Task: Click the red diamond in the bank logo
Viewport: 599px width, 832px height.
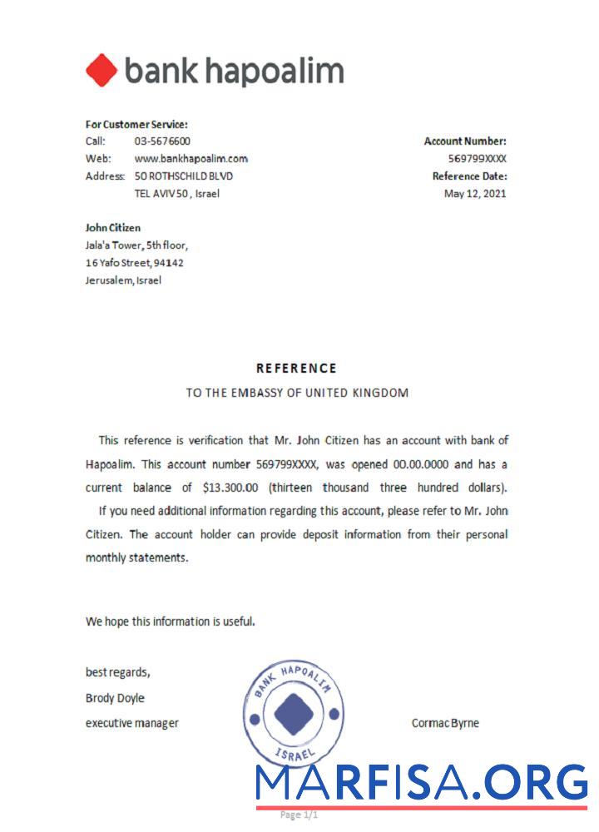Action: tap(101, 71)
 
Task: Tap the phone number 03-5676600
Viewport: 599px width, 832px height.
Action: tap(162, 141)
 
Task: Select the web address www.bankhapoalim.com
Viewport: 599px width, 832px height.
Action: tap(191, 159)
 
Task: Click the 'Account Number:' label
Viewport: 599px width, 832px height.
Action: tap(465, 141)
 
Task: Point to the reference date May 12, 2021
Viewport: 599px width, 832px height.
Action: tap(475, 194)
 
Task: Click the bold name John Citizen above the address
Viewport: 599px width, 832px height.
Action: tap(113, 228)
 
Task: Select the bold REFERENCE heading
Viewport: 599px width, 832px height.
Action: tap(296, 369)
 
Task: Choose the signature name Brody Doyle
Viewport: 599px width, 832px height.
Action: tap(115, 698)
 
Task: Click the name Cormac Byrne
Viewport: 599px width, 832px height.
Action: tap(445, 723)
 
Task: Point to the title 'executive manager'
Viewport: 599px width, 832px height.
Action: tap(131, 723)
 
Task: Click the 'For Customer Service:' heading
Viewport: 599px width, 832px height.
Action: tap(136, 125)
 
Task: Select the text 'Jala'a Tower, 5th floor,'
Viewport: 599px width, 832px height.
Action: tap(136, 245)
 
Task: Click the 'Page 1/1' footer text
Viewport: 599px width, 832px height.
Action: tap(299, 815)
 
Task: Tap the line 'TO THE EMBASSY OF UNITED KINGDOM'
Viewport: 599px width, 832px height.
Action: tap(297, 394)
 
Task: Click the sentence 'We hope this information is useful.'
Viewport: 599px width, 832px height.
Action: tap(170, 621)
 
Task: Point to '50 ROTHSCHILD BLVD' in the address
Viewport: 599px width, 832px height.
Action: tap(184, 176)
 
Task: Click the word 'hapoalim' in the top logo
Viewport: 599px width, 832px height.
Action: tap(274, 72)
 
